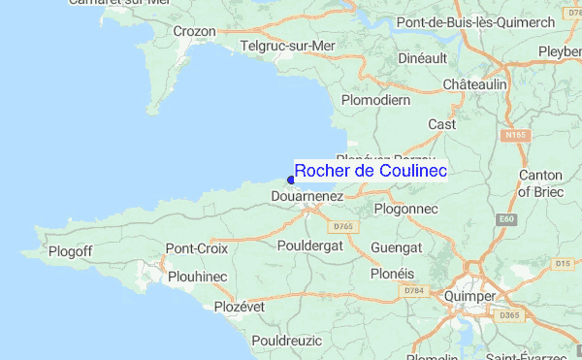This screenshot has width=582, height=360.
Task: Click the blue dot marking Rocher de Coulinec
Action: coord(291,180)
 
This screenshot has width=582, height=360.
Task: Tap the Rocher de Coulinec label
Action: coord(370,171)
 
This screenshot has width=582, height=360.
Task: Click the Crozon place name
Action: coord(193,31)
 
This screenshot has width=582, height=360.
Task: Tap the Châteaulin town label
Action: coord(475,85)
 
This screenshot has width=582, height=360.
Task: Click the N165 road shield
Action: coord(514,136)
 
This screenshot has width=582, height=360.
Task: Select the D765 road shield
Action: coord(342,226)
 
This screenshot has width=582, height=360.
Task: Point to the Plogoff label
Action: coord(71,252)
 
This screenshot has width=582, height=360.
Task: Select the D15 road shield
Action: coord(562,263)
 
